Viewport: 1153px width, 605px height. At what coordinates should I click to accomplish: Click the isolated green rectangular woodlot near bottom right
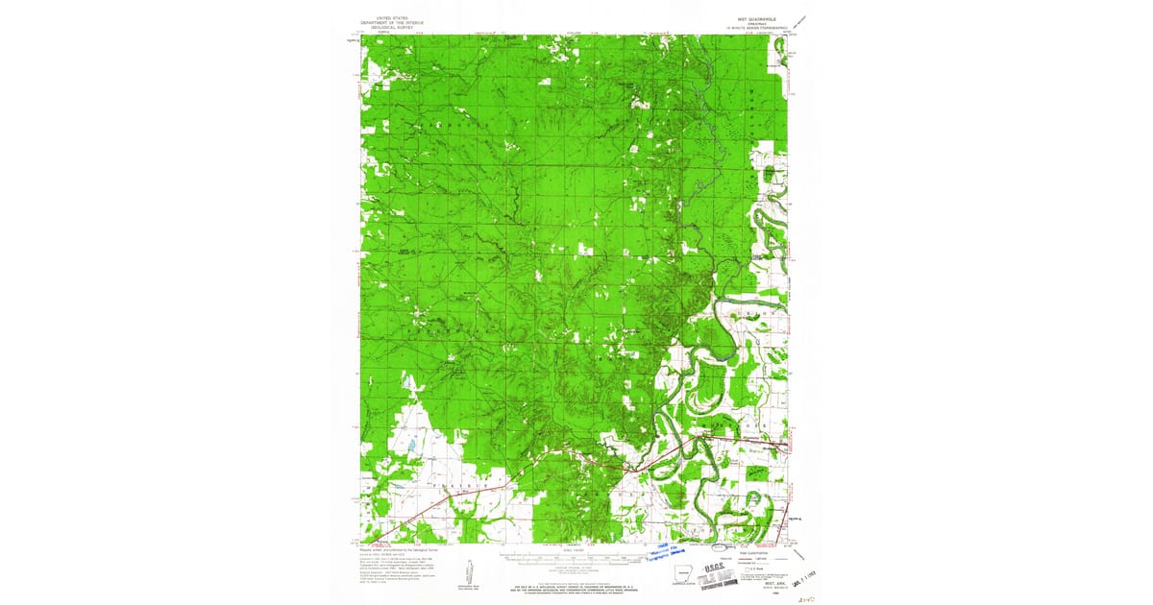pos(759,472)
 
